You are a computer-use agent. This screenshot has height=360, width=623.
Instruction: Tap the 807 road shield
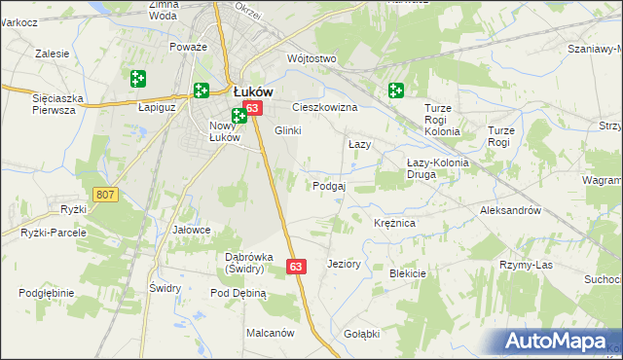[106, 196]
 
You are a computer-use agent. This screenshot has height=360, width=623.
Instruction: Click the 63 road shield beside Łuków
[252, 108]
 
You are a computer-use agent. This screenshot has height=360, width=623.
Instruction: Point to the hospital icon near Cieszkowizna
[395, 91]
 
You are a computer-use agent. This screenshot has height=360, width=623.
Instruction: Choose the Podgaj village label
[329, 186]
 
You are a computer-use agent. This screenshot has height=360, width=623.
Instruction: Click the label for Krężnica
[395, 224]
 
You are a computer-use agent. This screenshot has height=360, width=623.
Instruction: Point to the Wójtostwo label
[311, 59]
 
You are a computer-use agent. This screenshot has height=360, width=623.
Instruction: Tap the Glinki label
[288, 131]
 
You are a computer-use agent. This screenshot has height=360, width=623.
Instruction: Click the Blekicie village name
[408, 273]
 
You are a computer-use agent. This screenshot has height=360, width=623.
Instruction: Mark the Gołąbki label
[361, 333]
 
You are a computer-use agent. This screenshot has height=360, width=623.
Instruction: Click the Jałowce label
[192, 230]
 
